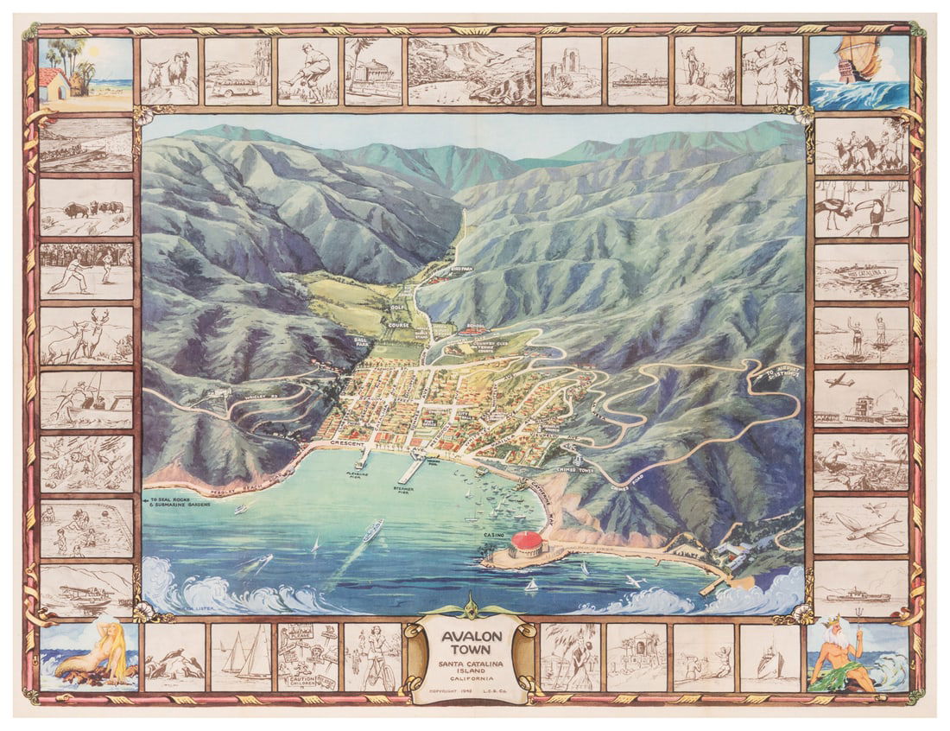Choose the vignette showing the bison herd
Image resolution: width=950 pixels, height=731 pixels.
[x=85, y=207]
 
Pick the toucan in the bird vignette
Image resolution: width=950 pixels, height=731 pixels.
[x=883, y=208]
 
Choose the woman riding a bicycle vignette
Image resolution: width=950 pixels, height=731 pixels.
[x=373, y=657]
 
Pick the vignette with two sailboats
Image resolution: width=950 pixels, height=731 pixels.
[x=241, y=657]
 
